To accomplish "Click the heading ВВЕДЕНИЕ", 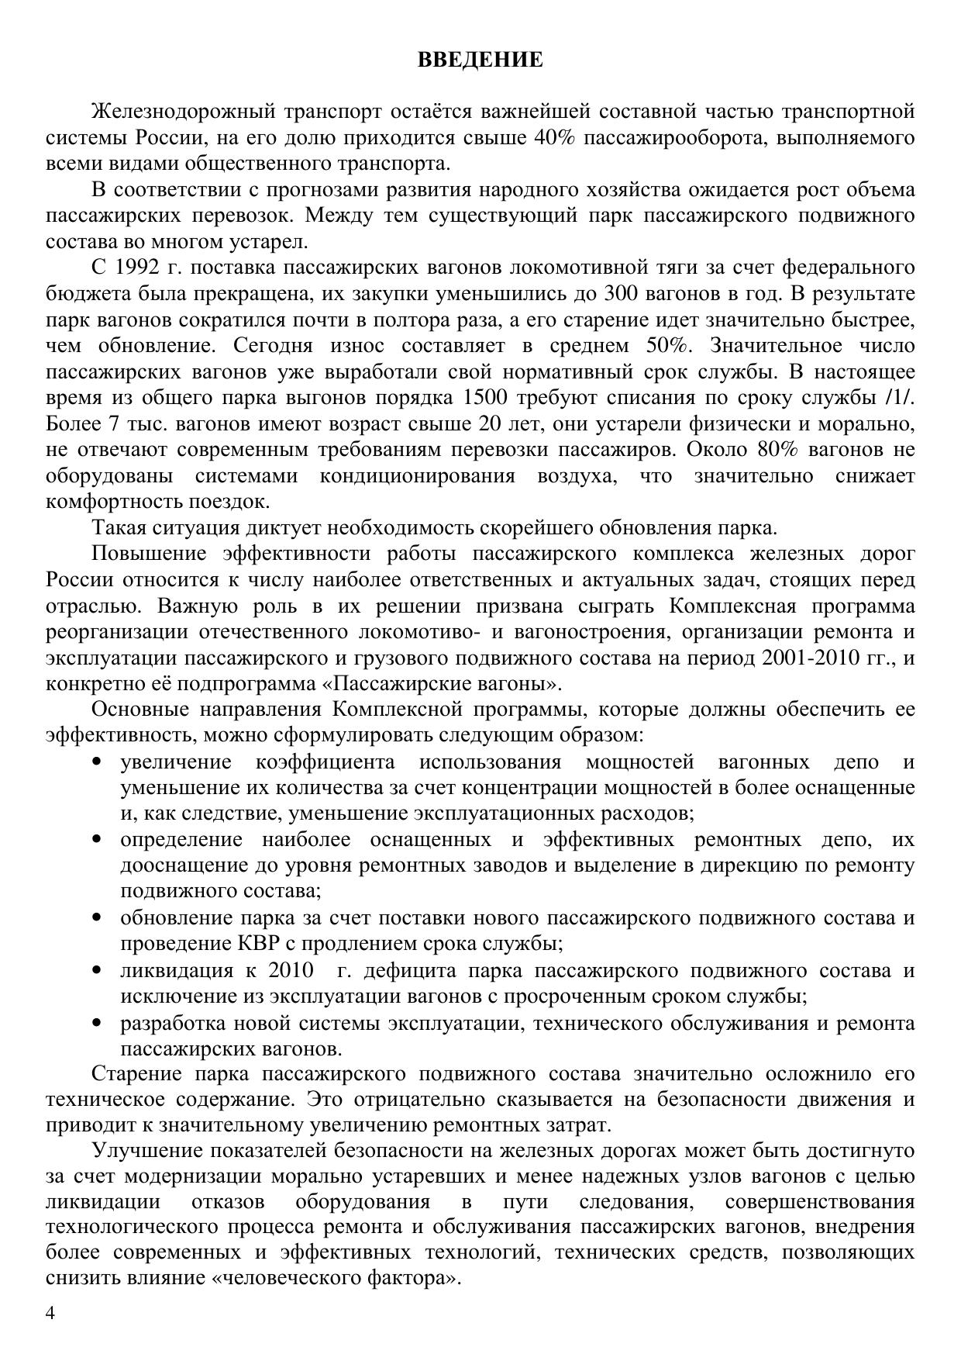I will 480,60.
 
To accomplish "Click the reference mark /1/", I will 899,398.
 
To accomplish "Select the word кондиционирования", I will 418,475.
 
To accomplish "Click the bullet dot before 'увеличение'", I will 97,762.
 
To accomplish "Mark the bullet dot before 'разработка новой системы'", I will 97,1023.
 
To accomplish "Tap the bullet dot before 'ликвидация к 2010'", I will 97,970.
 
